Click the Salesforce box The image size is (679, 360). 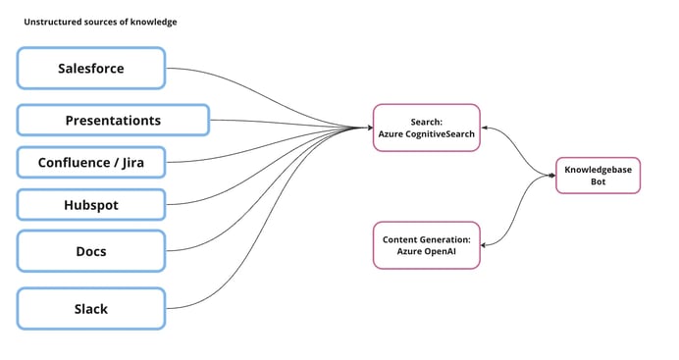coord(90,69)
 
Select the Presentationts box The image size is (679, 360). coord(113,120)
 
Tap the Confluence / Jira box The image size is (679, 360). coord(90,163)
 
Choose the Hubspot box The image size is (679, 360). coord(90,205)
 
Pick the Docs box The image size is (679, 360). coord(90,251)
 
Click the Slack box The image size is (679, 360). coord(90,308)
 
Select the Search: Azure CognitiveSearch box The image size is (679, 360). coord(427,128)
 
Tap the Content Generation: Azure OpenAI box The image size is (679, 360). coord(427,245)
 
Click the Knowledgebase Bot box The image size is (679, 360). coord(598,176)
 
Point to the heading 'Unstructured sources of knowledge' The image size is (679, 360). coord(100,22)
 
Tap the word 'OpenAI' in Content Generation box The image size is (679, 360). coord(440,252)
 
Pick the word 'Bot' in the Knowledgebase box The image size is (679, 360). coord(598,182)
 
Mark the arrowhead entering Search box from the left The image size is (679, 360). coord(369,128)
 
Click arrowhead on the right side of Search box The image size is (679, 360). coord(486,128)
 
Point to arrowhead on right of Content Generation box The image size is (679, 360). coord(486,245)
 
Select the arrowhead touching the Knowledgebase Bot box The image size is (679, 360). coord(551,176)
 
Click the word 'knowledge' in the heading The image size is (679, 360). coord(154,22)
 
